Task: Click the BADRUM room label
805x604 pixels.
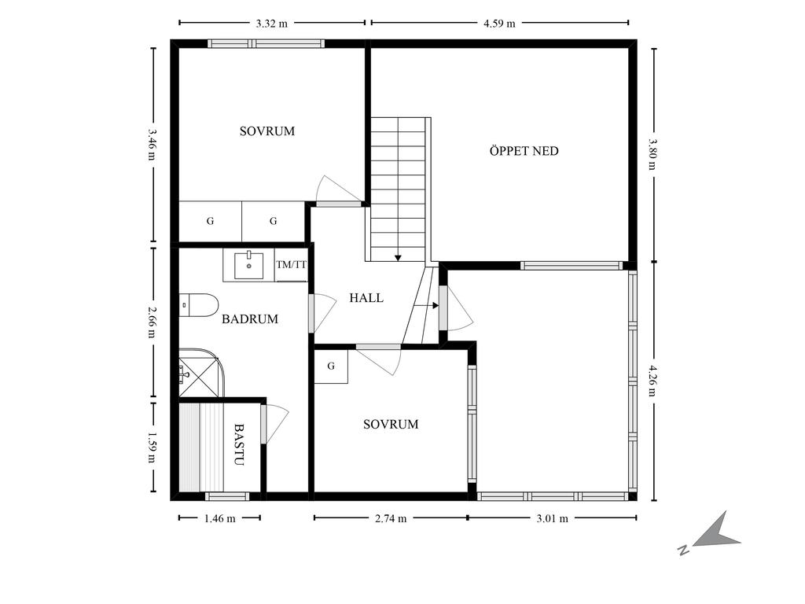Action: click(x=250, y=319)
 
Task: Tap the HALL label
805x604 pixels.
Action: click(x=366, y=298)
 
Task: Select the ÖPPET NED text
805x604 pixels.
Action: click(x=524, y=151)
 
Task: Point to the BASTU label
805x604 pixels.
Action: click(x=239, y=444)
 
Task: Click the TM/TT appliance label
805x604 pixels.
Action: click(x=291, y=265)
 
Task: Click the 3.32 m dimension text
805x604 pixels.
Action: click(x=271, y=24)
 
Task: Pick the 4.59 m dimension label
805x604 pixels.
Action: click(x=499, y=24)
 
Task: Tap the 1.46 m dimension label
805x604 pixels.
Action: click(x=220, y=519)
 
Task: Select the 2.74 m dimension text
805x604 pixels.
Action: click(x=391, y=519)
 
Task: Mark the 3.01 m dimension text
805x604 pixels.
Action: click(x=553, y=519)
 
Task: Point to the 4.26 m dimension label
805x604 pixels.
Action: click(x=652, y=381)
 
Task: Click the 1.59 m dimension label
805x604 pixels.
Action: click(x=152, y=447)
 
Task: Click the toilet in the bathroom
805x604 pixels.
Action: click(x=199, y=305)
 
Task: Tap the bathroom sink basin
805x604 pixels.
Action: click(x=249, y=265)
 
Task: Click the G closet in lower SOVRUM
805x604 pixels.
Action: click(x=331, y=366)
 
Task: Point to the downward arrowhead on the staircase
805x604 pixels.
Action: click(x=398, y=258)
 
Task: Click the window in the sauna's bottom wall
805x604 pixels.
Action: click(x=227, y=497)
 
